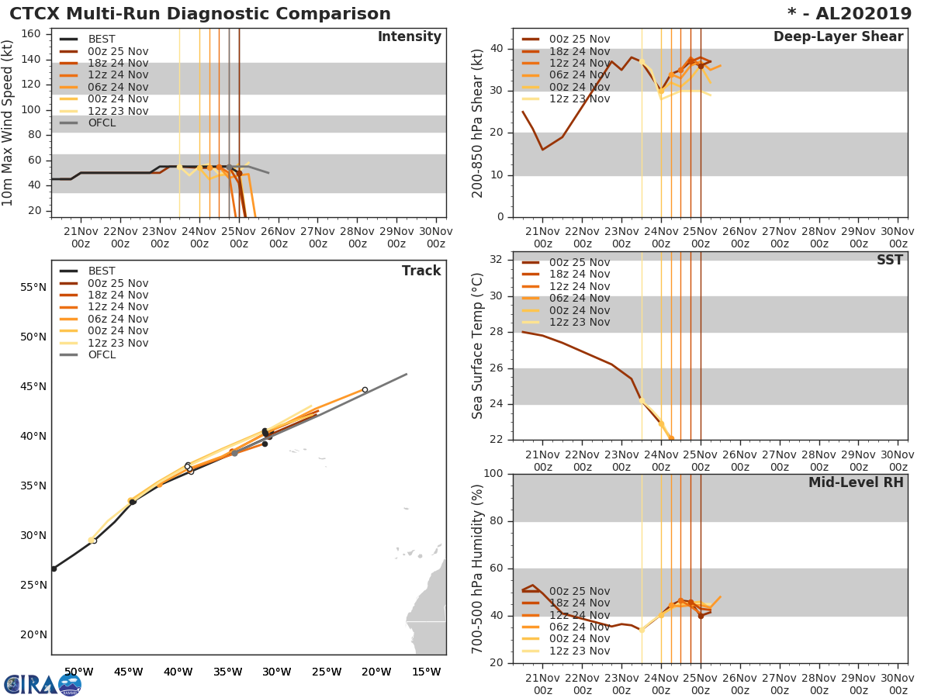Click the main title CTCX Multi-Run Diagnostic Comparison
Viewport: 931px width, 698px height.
click(x=200, y=14)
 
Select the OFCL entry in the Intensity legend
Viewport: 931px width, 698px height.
click(x=102, y=123)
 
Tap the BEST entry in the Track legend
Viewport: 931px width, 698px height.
click(x=102, y=271)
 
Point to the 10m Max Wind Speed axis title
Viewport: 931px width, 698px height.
click(x=9, y=123)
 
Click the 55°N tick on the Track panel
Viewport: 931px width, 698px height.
click(x=33, y=287)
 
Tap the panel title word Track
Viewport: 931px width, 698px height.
click(x=421, y=271)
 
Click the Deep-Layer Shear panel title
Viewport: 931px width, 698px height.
click(x=838, y=37)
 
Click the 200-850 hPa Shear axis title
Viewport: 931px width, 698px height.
click(x=479, y=123)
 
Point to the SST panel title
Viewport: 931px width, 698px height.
click(x=889, y=260)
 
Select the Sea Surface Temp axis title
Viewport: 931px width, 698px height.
click(x=479, y=345)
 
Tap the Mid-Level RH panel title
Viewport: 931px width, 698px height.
click(x=856, y=482)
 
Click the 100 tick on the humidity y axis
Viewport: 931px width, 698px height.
click(x=495, y=474)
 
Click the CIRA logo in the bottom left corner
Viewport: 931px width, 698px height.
click(x=43, y=684)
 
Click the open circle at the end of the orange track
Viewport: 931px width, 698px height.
click(x=365, y=390)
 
